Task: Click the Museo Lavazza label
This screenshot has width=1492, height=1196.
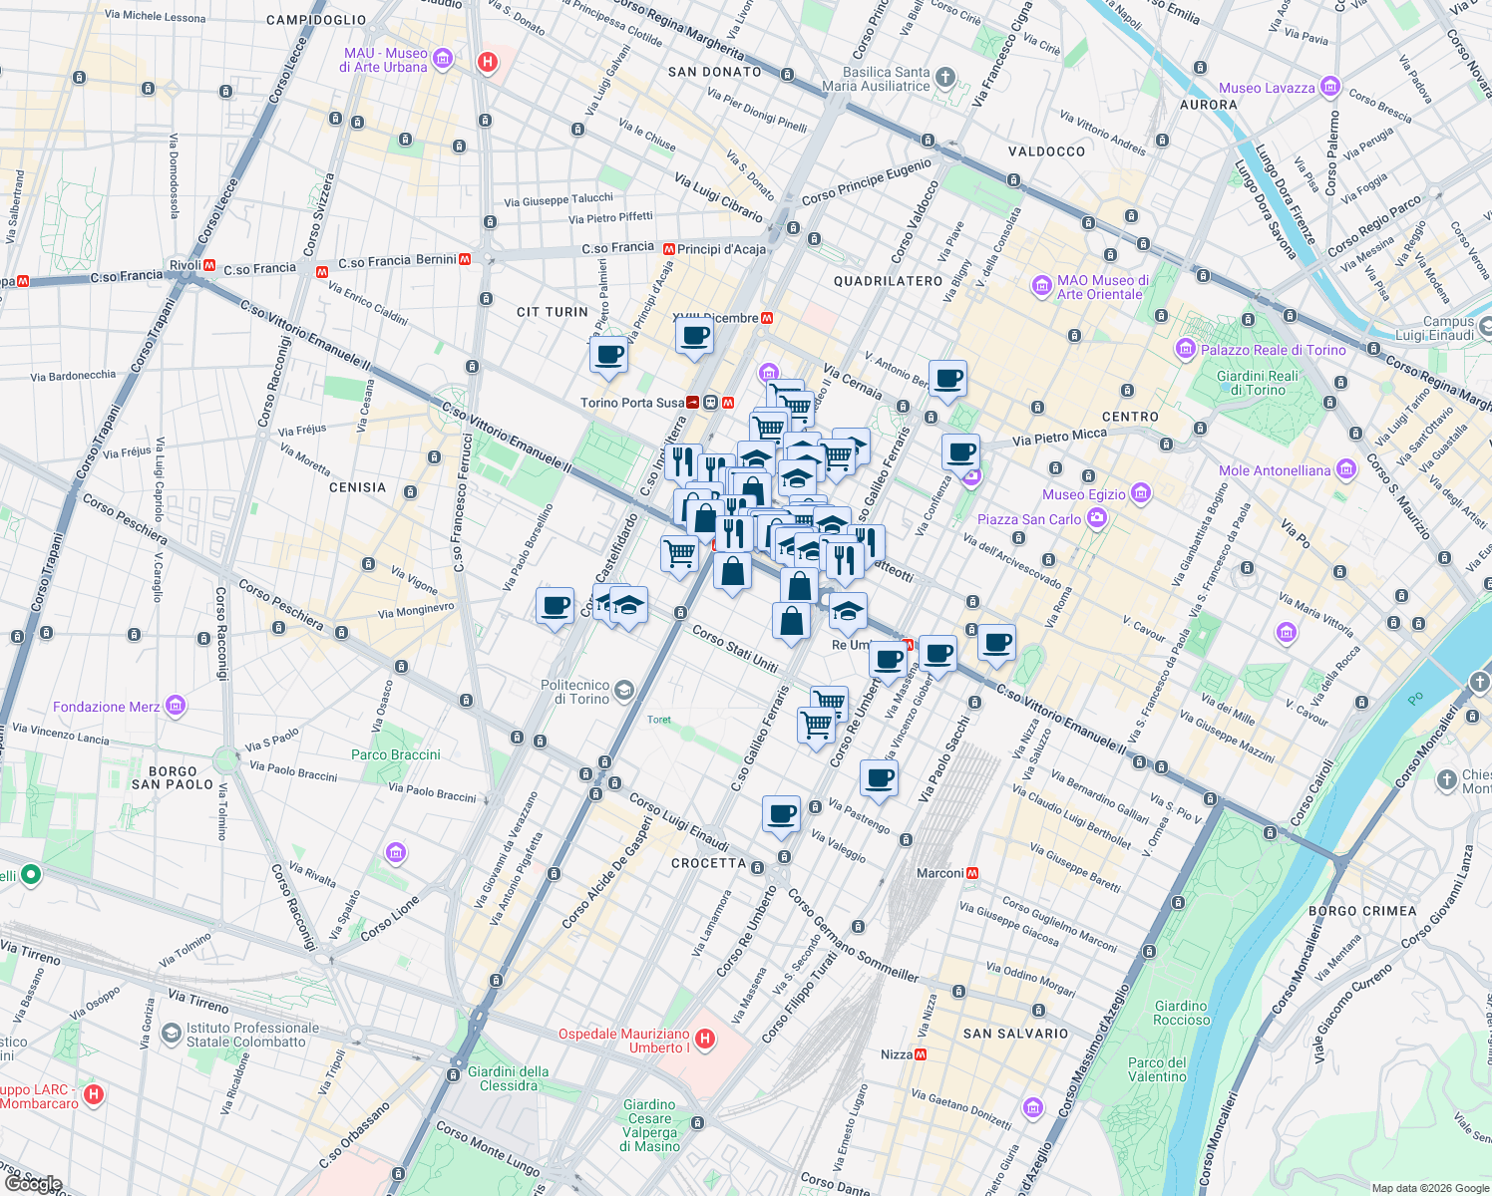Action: point(1267,88)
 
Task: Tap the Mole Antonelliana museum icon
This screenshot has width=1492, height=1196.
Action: point(1346,469)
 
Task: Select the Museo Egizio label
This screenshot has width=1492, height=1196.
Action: point(1083,494)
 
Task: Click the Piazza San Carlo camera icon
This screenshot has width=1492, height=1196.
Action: point(1097,517)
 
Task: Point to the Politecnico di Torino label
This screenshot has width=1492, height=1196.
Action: point(574,692)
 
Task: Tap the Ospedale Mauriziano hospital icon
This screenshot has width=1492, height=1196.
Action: point(705,1040)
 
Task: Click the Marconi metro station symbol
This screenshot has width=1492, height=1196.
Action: point(972,873)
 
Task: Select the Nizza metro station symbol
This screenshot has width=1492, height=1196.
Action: point(921,1054)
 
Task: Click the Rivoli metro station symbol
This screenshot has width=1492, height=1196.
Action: point(209,265)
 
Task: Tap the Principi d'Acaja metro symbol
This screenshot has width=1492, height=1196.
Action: point(668,249)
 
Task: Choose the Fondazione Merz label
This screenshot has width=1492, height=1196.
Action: point(106,707)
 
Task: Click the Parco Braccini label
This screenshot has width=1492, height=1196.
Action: point(396,754)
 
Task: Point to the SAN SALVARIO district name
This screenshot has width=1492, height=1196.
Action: point(1015,1034)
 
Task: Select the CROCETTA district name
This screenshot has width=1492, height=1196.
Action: point(708,863)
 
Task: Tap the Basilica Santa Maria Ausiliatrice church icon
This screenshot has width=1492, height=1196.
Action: point(945,78)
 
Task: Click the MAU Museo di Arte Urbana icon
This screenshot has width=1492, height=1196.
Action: point(443,59)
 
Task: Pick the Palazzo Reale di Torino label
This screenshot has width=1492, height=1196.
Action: point(1273,350)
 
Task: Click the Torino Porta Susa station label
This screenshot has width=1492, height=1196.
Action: point(632,403)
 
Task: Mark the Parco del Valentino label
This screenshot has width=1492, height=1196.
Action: point(1158,1069)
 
